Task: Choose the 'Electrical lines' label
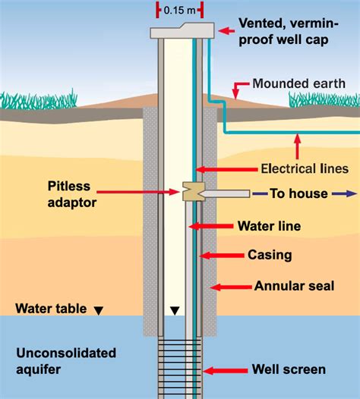(x=303, y=168)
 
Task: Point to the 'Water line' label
(x=269, y=226)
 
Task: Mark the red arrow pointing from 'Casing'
(x=219, y=256)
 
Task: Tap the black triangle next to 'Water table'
(x=97, y=309)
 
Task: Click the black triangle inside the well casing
(x=175, y=309)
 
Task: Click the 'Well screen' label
(x=289, y=370)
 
